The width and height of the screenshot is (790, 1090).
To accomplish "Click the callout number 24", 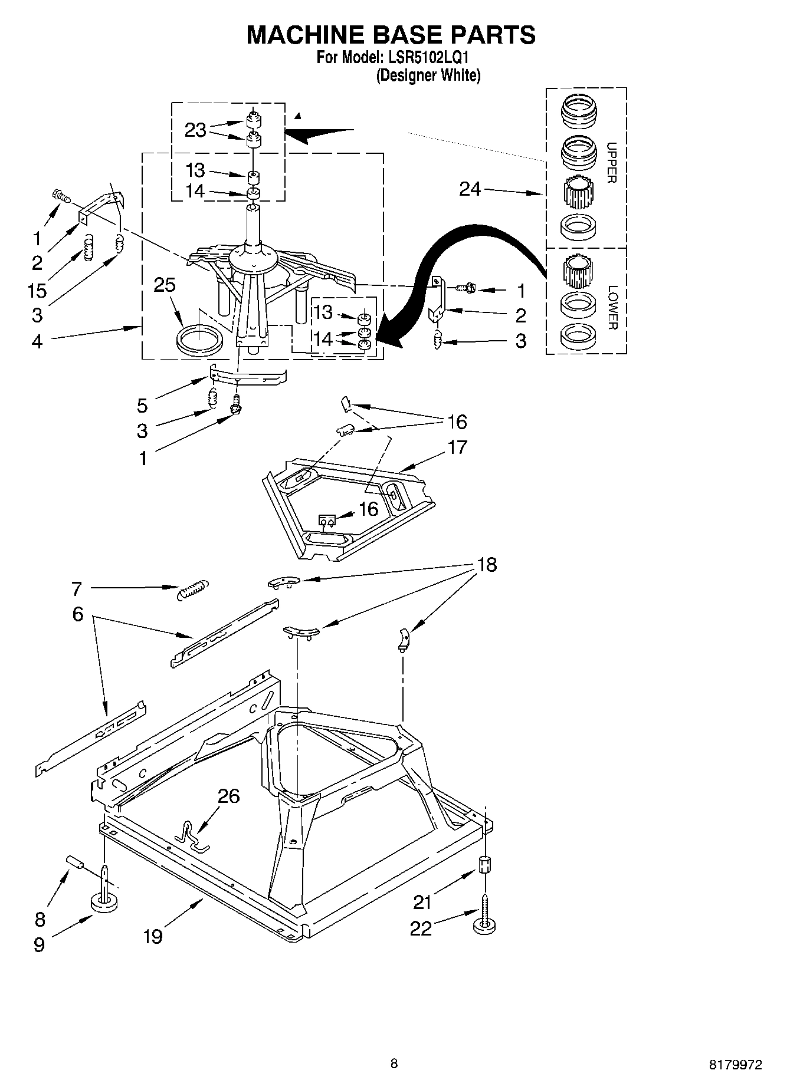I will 470,189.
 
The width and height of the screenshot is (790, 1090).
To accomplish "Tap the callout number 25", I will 165,285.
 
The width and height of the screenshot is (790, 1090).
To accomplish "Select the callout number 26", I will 229,796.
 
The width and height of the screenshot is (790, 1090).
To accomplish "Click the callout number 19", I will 153,936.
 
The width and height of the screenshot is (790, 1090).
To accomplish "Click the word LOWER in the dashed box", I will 612,308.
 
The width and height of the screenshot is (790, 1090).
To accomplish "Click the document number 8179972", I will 735,1063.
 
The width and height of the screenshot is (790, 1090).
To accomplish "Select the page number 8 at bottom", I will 394,1063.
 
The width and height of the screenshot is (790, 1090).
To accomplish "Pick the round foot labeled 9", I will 104,903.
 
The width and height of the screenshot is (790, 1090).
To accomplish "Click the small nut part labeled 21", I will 484,865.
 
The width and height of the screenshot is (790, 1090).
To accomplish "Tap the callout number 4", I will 37,341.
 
